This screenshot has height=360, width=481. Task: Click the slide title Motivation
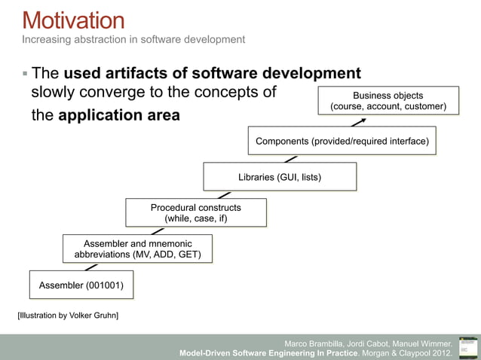[73, 20]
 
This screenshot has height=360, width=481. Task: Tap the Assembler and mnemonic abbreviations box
[137, 249]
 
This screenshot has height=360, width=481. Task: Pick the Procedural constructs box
[195, 212]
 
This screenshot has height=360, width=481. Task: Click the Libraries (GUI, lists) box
[280, 177]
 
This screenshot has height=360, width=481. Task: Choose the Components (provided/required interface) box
[342, 141]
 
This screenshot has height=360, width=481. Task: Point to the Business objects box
[388, 102]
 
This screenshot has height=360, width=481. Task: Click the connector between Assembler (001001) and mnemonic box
[91, 267]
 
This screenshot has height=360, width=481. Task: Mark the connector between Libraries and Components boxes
[290, 158]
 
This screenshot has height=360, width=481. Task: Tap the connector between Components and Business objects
[351, 122]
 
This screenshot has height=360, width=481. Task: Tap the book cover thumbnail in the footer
[468, 347]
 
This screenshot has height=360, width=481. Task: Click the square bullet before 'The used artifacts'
[25, 74]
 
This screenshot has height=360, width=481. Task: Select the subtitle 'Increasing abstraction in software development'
[133, 39]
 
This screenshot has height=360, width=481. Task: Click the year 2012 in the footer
[442, 352]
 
